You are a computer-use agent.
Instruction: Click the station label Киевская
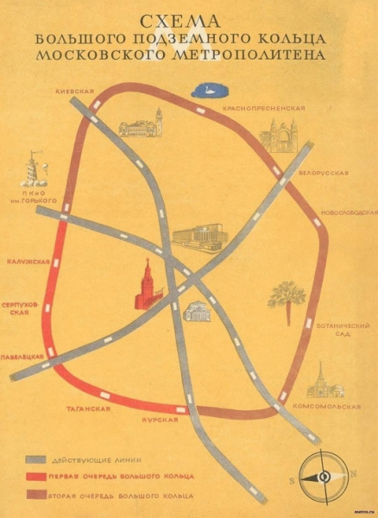(73, 90)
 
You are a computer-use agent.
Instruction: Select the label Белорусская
(324, 174)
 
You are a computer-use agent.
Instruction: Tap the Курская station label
(161, 420)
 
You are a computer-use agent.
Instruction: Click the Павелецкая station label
(22, 356)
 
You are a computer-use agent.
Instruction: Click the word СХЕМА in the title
(188, 20)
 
